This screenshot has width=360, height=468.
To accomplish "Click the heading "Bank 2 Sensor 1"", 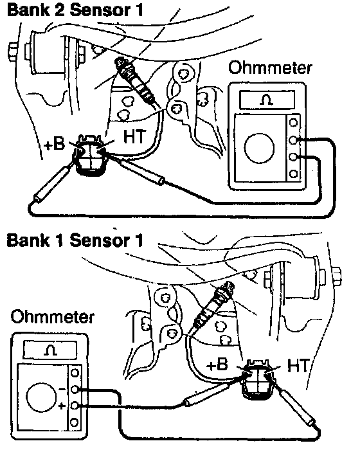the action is (x=75, y=10).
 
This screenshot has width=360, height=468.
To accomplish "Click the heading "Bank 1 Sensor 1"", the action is (x=75, y=240).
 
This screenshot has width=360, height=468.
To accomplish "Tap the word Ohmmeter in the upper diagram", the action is (x=270, y=67).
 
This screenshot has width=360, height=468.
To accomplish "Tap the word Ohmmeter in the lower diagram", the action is (x=53, y=317).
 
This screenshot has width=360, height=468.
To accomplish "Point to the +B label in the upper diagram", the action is (x=55, y=144).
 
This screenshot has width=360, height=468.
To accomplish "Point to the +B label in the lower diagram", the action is (x=217, y=364).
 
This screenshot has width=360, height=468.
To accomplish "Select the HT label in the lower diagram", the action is (x=298, y=365).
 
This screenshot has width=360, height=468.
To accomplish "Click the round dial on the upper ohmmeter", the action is (x=259, y=148).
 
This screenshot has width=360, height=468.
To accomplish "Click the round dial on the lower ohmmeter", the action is (x=41, y=397).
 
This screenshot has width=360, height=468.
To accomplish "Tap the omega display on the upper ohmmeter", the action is (x=267, y=100).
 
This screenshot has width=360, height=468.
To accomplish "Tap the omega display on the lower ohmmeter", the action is (x=50, y=350).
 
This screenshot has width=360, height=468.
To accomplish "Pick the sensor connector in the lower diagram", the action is (x=258, y=380).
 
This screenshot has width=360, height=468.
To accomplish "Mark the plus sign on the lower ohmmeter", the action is (x=62, y=406).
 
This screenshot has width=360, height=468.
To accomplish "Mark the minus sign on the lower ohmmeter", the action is (x=62, y=389).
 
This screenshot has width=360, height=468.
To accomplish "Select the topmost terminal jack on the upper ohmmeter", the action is (x=293, y=122).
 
